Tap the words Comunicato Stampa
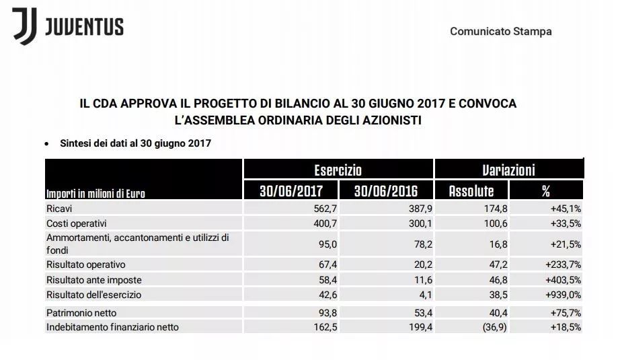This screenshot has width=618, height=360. (501, 32)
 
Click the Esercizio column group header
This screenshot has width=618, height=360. (338, 170)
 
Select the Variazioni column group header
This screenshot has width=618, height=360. (508, 170)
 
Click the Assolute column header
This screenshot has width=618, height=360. (471, 190)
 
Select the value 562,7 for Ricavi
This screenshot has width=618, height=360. (323, 209)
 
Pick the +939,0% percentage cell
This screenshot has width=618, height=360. (564, 294)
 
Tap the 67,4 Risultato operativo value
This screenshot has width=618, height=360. (325, 264)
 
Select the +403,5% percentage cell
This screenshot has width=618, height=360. (564, 279)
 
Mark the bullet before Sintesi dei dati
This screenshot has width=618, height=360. (47, 143)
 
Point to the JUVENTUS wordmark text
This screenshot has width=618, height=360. (85, 27)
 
